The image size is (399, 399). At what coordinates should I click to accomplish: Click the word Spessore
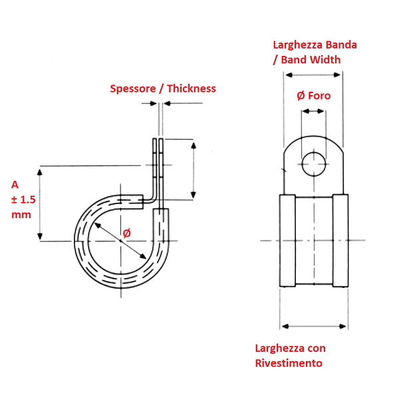pyautogui.click(x=133, y=88)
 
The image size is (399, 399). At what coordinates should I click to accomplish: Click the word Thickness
pyautogui.click(x=192, y=88)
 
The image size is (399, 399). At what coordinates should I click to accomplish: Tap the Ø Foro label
pyautogui.click(x=313, y=96)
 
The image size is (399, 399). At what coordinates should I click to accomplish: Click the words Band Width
pyautogui.click(x=311, y=60)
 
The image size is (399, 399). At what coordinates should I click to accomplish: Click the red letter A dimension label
pyautogui.click(x=15, y=184)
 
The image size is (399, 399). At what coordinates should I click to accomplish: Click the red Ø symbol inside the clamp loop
pyautogui.click(x=126, y=233)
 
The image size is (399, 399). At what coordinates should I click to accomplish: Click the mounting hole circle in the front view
pyautogui.click(x=313, y=164)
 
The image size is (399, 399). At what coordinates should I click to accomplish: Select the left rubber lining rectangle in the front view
pyautogui.click(x=287, y=241)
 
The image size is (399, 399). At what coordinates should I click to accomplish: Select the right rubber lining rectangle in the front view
pyautogui.click(x=339, y=241)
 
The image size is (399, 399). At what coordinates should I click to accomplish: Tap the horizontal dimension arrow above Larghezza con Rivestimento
pyautogui.click(x=314, y=326)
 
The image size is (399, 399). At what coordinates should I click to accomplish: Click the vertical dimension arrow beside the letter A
pyautogui.click(x=41, y=203)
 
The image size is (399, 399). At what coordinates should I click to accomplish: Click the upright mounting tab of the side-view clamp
pyautogui.click(x=158, y=166)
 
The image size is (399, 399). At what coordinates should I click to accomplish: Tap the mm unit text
pyautogui.click(x=21, y=215)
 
